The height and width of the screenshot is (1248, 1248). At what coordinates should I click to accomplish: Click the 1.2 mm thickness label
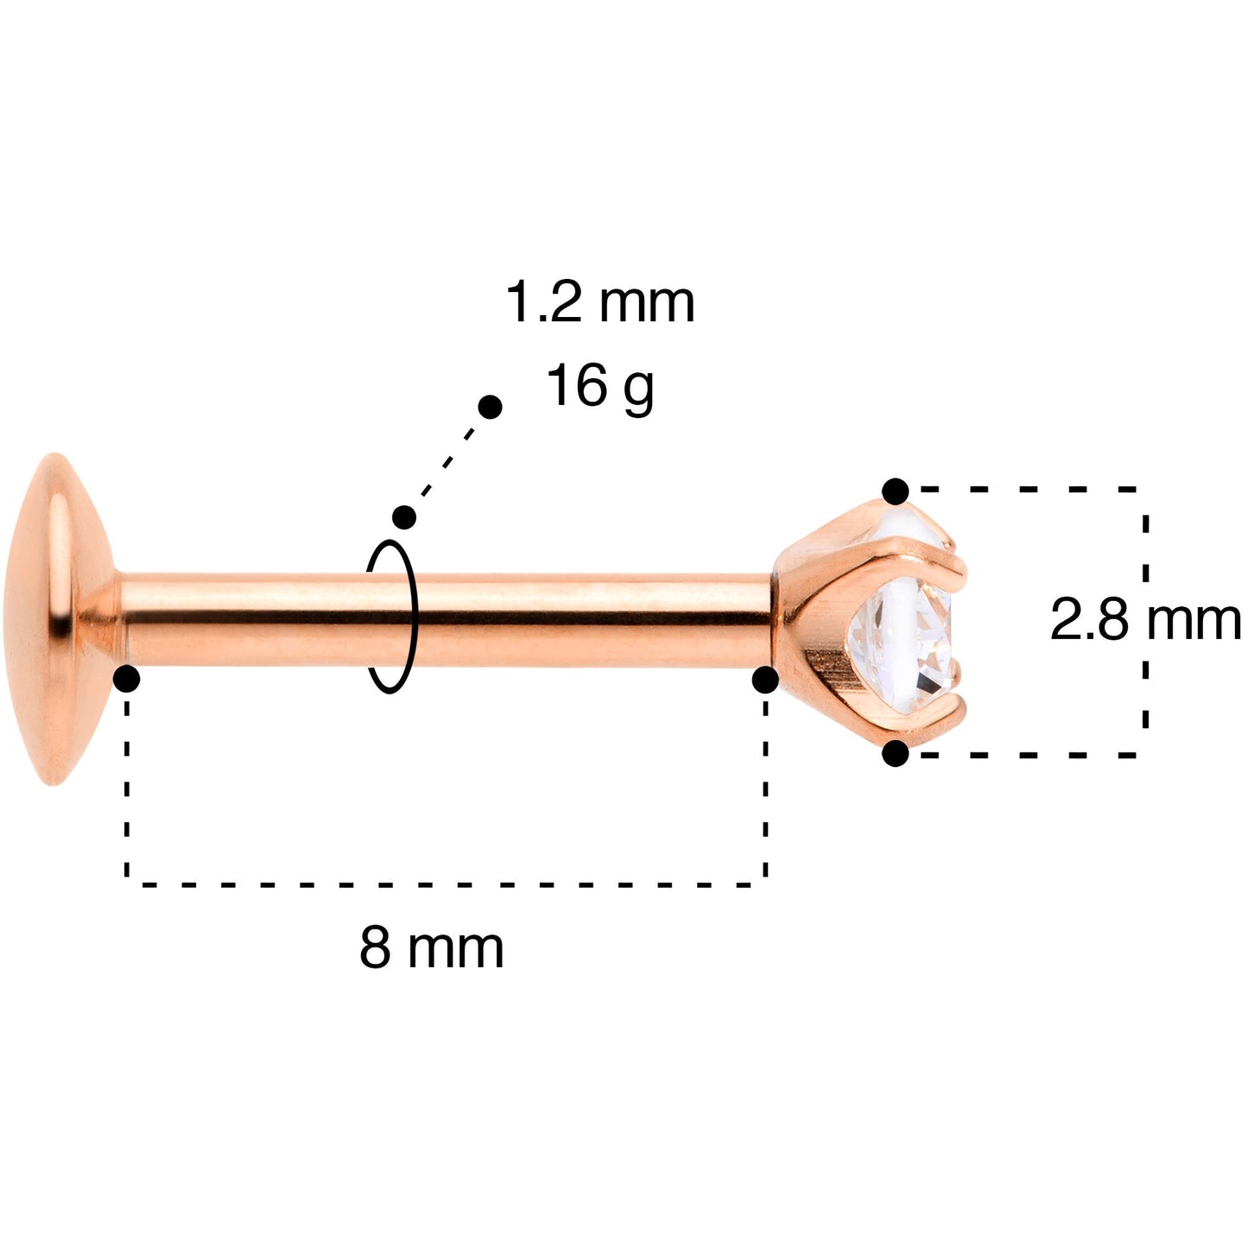(x=599, y=304)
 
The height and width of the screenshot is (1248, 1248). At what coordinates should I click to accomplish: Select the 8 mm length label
(x=431, y=947)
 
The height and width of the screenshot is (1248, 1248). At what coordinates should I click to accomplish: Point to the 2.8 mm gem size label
(x=1144, y=620)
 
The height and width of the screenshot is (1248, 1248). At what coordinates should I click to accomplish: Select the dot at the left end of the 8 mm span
(x=126, y=680)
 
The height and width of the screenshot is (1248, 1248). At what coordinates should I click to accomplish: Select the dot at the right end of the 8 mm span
(x=765, y=680)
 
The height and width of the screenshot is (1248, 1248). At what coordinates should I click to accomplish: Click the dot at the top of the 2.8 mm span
(x=896, y=491)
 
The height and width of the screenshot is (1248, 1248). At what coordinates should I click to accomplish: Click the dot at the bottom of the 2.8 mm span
(x=896, y=754)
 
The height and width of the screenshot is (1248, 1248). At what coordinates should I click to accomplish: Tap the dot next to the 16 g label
(x=490, y=408)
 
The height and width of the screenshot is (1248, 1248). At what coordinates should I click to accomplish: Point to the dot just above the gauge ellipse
(x=404, y=517)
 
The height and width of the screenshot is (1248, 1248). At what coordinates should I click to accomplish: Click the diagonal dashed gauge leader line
(x=447, y=462)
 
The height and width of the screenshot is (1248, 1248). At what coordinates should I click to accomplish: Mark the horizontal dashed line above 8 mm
(x=445, y=884)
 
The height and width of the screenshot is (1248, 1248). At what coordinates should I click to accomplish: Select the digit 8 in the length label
(x=375, y=947)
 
